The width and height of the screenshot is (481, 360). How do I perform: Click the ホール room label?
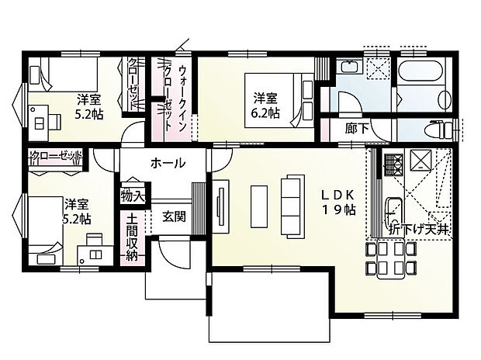168,163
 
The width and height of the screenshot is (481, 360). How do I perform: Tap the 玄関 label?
174,216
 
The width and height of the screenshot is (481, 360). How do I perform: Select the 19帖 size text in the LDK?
340,209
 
